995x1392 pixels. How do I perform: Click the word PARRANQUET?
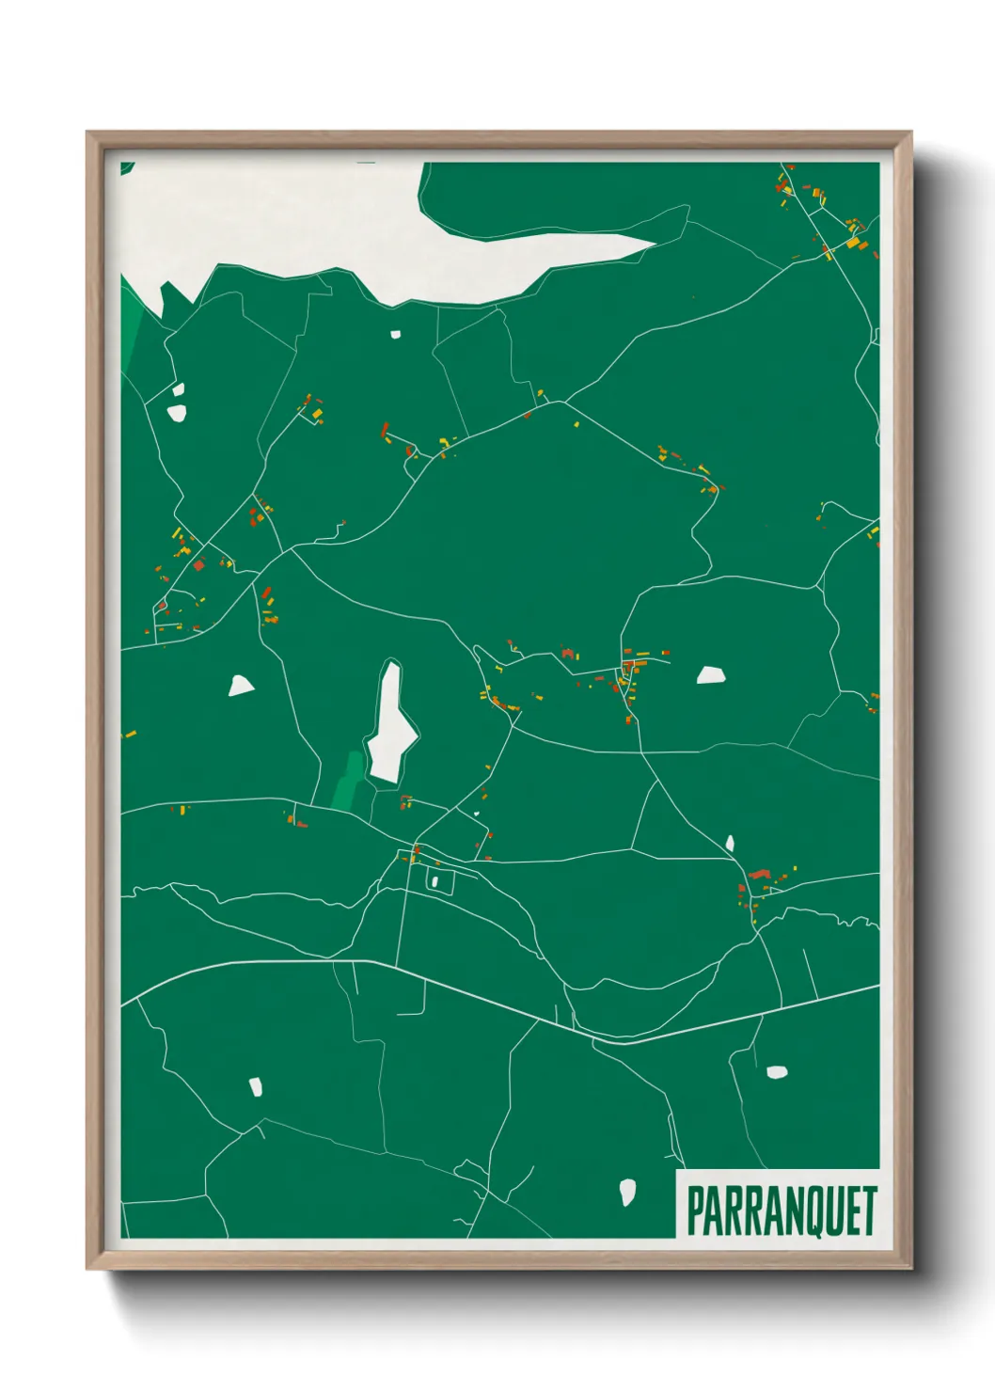(x=782, y=1210)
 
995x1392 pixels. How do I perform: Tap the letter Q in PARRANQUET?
(x=813, y=1211)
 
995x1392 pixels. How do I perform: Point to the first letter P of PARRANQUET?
(x=695, y=1210)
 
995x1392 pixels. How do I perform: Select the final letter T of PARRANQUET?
(x=870, y=1210)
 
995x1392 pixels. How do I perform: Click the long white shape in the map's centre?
(x=390, y=724)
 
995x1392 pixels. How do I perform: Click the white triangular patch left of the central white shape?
(x=241, y=686)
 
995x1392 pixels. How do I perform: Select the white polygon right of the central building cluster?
(x=711, y=674)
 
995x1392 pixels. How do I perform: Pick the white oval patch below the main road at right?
(x=776, y=1071)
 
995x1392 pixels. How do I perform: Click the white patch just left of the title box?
(x=627, y=1192)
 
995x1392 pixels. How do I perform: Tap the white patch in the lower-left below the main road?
(x=255, y=1087)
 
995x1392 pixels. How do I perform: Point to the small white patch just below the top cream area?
(x=396, y=334)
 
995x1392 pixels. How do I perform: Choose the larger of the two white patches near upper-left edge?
(x=177, y=411)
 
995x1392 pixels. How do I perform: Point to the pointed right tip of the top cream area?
(x=654, y=243)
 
